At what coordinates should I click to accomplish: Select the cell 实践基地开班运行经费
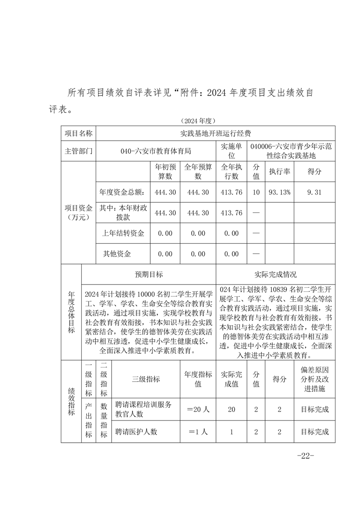pos(216,133)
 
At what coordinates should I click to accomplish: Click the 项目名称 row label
pos(79,133)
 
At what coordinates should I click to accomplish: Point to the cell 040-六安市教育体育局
pos(156,151)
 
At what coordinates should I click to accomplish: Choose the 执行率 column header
pos(279,172)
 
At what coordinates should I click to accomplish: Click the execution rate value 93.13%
pos(279,192)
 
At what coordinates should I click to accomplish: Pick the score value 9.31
pos(314,192)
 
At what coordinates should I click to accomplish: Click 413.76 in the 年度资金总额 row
pos(231,192)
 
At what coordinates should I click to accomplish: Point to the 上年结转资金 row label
pos(123,233)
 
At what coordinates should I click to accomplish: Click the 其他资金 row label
pos(117,254)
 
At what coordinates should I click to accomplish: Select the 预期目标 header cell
pos(148,274)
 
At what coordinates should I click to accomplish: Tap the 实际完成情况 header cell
pos(276,274)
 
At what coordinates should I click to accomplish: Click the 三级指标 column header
pos(146,379)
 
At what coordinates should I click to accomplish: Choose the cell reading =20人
pos(198,409)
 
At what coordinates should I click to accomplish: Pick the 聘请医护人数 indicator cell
pos(136,432)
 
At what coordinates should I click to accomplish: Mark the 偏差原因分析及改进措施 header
pos(314,379)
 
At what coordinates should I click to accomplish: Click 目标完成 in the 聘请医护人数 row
pos(314,432)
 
